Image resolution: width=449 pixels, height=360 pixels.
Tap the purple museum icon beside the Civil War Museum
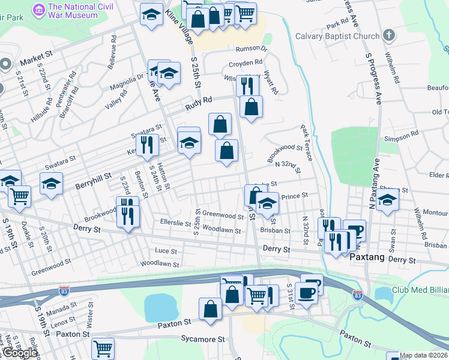[40, 10]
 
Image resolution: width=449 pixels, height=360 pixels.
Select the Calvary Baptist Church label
[337, 36]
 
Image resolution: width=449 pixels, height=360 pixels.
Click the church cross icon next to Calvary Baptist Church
[388, 35]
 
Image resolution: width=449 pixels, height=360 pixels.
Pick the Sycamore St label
[203, 339]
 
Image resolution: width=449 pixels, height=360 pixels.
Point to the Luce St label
[166, 251]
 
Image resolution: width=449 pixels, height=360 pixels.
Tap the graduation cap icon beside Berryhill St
[52, 183]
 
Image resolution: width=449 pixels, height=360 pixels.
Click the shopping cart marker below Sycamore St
[103, 348]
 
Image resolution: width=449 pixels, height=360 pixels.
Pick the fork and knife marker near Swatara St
[146, 144]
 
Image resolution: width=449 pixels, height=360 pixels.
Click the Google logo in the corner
[19, 353]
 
